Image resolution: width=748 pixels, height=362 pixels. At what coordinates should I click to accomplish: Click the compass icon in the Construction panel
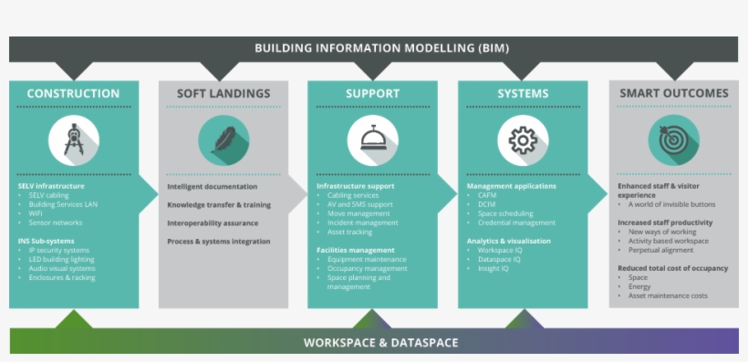[x=74, y=140]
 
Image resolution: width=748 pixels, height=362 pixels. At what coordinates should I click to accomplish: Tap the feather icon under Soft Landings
[x=223, y=140]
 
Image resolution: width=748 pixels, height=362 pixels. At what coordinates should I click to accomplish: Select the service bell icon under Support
[x=372, y=140]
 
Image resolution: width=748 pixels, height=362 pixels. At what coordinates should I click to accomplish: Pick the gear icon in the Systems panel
[x=523, y=140]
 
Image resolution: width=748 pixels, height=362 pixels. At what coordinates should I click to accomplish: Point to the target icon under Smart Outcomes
[x=673, y=140]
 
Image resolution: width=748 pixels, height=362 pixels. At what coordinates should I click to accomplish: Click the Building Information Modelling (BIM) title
[x=381, y=48]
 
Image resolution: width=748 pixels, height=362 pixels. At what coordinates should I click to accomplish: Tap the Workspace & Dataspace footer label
[x=380, y=343]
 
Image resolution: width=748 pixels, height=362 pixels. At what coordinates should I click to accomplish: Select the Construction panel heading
[x=73, y=93]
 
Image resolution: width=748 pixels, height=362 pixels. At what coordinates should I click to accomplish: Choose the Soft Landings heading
[x=224, y=93]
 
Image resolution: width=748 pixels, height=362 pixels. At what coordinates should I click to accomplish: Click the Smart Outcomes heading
[x=674, y=93]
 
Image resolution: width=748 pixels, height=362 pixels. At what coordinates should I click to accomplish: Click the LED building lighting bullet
[x=61, y=259]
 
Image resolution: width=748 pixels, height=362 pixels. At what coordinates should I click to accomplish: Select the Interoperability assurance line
[x=213, y=222]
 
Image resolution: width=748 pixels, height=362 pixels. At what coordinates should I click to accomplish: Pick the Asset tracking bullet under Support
[x=350, y=232]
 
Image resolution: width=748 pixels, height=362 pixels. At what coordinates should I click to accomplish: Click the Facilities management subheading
[x=356, y=250]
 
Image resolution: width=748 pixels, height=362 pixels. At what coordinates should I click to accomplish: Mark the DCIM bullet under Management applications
[x=487, y=204]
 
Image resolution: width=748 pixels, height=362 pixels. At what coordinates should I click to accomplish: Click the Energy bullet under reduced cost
[x=639, y=286]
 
